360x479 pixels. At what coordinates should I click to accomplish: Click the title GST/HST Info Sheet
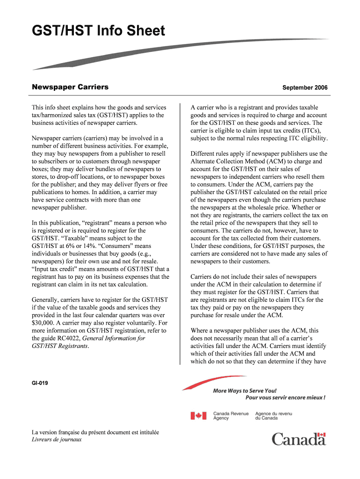[98, 31]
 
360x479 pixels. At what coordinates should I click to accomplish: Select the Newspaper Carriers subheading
[70, 87]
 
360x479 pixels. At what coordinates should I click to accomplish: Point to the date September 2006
[305, 88]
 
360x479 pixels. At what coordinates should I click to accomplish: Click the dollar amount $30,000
[44, 323]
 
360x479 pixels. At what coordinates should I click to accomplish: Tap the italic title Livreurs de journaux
[56, 440]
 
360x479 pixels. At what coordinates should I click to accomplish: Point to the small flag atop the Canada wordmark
[321, 435]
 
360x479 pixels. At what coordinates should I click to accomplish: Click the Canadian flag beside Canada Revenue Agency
[198, 415]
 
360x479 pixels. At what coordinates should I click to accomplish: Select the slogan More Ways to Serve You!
[245, 391]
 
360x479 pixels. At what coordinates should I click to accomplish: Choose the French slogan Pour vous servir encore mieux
[285, 398]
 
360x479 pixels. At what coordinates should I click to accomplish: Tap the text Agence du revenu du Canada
[274, 416]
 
